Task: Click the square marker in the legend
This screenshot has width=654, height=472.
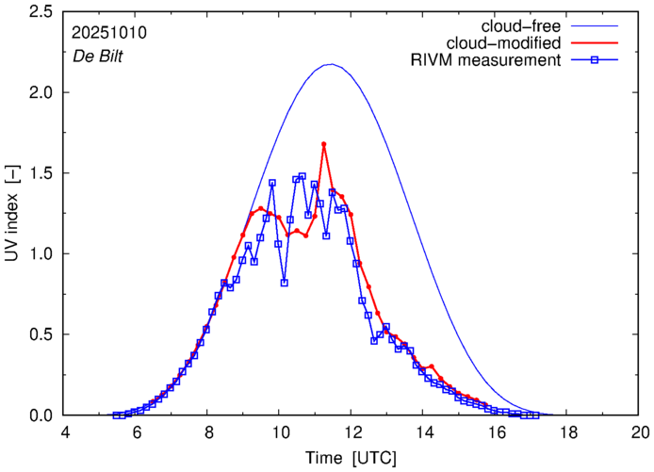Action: (x=596, y=61)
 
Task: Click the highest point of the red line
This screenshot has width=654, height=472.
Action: (x=324, y=144)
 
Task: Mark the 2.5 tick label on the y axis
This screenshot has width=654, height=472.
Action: (x=41, y=11)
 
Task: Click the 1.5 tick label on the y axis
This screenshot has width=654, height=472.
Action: (x=41, y=173)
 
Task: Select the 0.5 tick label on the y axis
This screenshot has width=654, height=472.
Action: (x=41, y=334)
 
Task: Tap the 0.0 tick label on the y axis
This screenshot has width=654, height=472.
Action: (x=41, y=415)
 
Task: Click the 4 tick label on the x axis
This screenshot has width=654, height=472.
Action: (x=65, y=432)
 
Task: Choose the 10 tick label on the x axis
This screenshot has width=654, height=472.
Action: (x=281, y=432)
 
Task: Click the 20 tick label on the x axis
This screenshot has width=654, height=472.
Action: (x=640, y=432)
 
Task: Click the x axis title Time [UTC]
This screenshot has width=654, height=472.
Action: (x=352, y=457)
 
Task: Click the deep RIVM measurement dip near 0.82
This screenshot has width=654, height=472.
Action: (x=284, y=283)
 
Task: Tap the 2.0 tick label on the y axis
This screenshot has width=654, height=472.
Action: (x=41, y=92)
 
